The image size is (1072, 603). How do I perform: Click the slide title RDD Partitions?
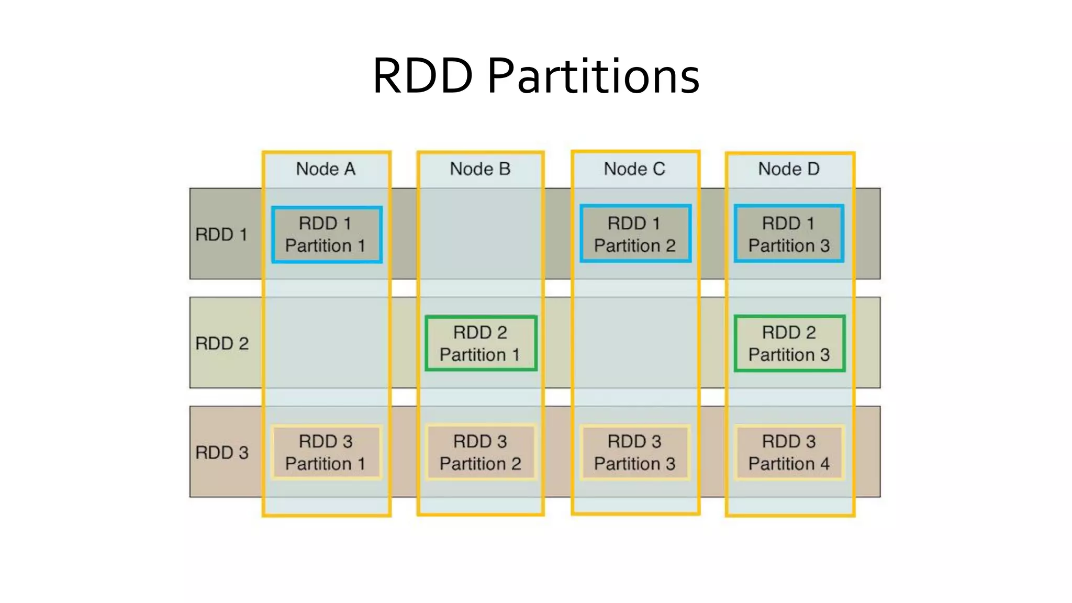click(x=536, y=76)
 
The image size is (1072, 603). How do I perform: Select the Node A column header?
click(x=326, y=169)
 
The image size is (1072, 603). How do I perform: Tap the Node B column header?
click(x=480, y=169)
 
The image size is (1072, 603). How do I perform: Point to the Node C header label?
click(x=634, y=169)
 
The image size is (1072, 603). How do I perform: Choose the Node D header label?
click(x=789, y=169)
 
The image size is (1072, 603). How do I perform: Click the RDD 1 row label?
click(x=221, y=234)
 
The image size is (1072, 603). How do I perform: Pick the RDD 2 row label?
click(x=222, y=343)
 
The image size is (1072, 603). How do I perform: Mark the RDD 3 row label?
click(x=222, y=452)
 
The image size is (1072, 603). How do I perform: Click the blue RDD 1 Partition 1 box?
click(x=327, y=234)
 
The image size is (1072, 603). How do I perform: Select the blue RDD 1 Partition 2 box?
click(x=635, y=234)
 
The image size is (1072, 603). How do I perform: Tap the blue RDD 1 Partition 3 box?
click(x=789, y=234)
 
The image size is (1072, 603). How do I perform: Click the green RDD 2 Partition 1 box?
click(x=481, y=343)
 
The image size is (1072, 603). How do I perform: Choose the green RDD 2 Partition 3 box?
click(x=789, y=343)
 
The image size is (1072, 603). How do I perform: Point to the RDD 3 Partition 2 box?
click(x=481, y=452)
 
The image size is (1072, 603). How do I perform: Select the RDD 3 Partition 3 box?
click(x=635, y=452)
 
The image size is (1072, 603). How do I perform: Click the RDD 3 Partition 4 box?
click(x=789, y=452)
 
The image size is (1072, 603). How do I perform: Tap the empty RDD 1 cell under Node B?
click(x=481, y=234)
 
